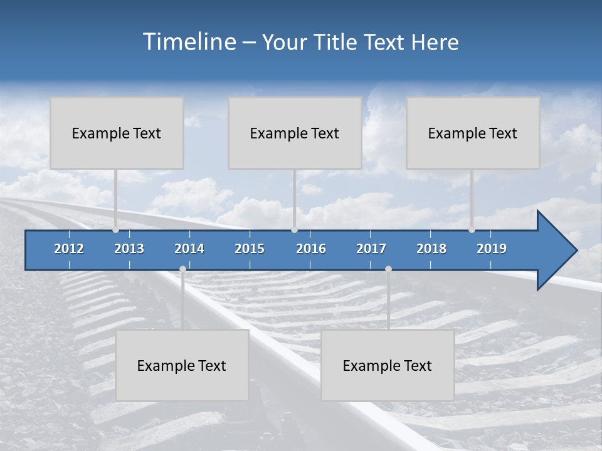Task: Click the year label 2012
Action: [69, 249]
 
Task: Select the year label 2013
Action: [129, 249]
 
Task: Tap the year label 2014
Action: [189, 249]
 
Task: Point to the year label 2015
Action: [250, 249]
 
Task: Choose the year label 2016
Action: [311, 249]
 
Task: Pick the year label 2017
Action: [371, 249]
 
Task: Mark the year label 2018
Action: [431, 249]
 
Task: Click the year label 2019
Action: [492, 249]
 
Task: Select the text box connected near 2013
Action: [117, 133]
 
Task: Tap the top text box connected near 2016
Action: [295, 133]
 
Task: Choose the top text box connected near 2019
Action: [473, 133]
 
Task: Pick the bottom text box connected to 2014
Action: [182, 365]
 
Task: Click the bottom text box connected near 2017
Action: [388, 365]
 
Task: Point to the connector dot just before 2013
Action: [115, 230]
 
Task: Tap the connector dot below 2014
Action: [182, 269]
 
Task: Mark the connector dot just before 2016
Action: [294, 230]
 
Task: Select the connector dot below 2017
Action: [388, 269]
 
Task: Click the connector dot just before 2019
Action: [472, 230]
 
